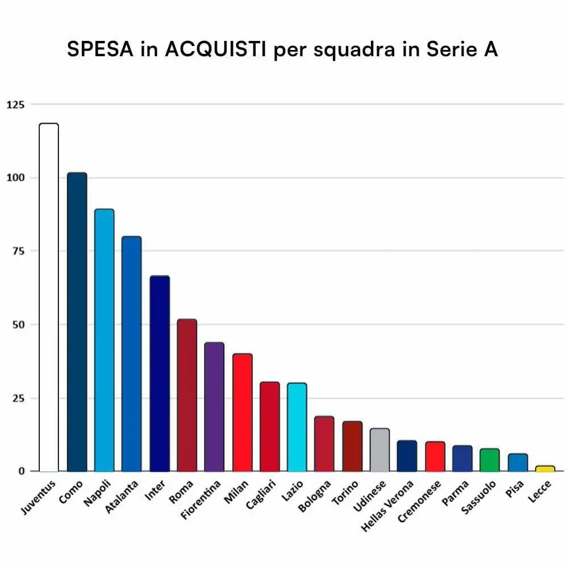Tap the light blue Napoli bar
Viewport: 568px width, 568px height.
click(104, 340)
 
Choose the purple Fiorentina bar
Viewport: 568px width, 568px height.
click(214, 407)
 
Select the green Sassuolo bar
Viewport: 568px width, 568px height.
click(489, 460)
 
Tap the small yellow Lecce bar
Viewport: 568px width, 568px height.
click(545, 469)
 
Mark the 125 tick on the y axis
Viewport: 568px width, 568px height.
click(15, 105)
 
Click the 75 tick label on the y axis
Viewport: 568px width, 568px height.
click(18, 251)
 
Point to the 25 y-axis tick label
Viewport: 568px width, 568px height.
click(18, 398)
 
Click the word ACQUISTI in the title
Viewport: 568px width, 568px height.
click(216, 49)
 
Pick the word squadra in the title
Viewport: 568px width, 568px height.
click(353, 49)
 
